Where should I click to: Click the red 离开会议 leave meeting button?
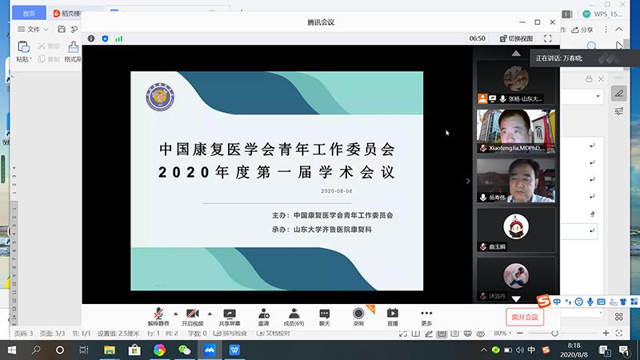[x=526, y=317]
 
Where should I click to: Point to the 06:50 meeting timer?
[x=477, y=38]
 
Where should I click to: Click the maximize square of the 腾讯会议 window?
[x=537, y=22]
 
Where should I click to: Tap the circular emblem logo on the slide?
[x=160, y=97]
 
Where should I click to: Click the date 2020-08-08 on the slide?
[x=335, y=191]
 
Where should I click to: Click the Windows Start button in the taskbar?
[x=11, y=350]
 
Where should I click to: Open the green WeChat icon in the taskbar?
[x=184, y=350]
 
